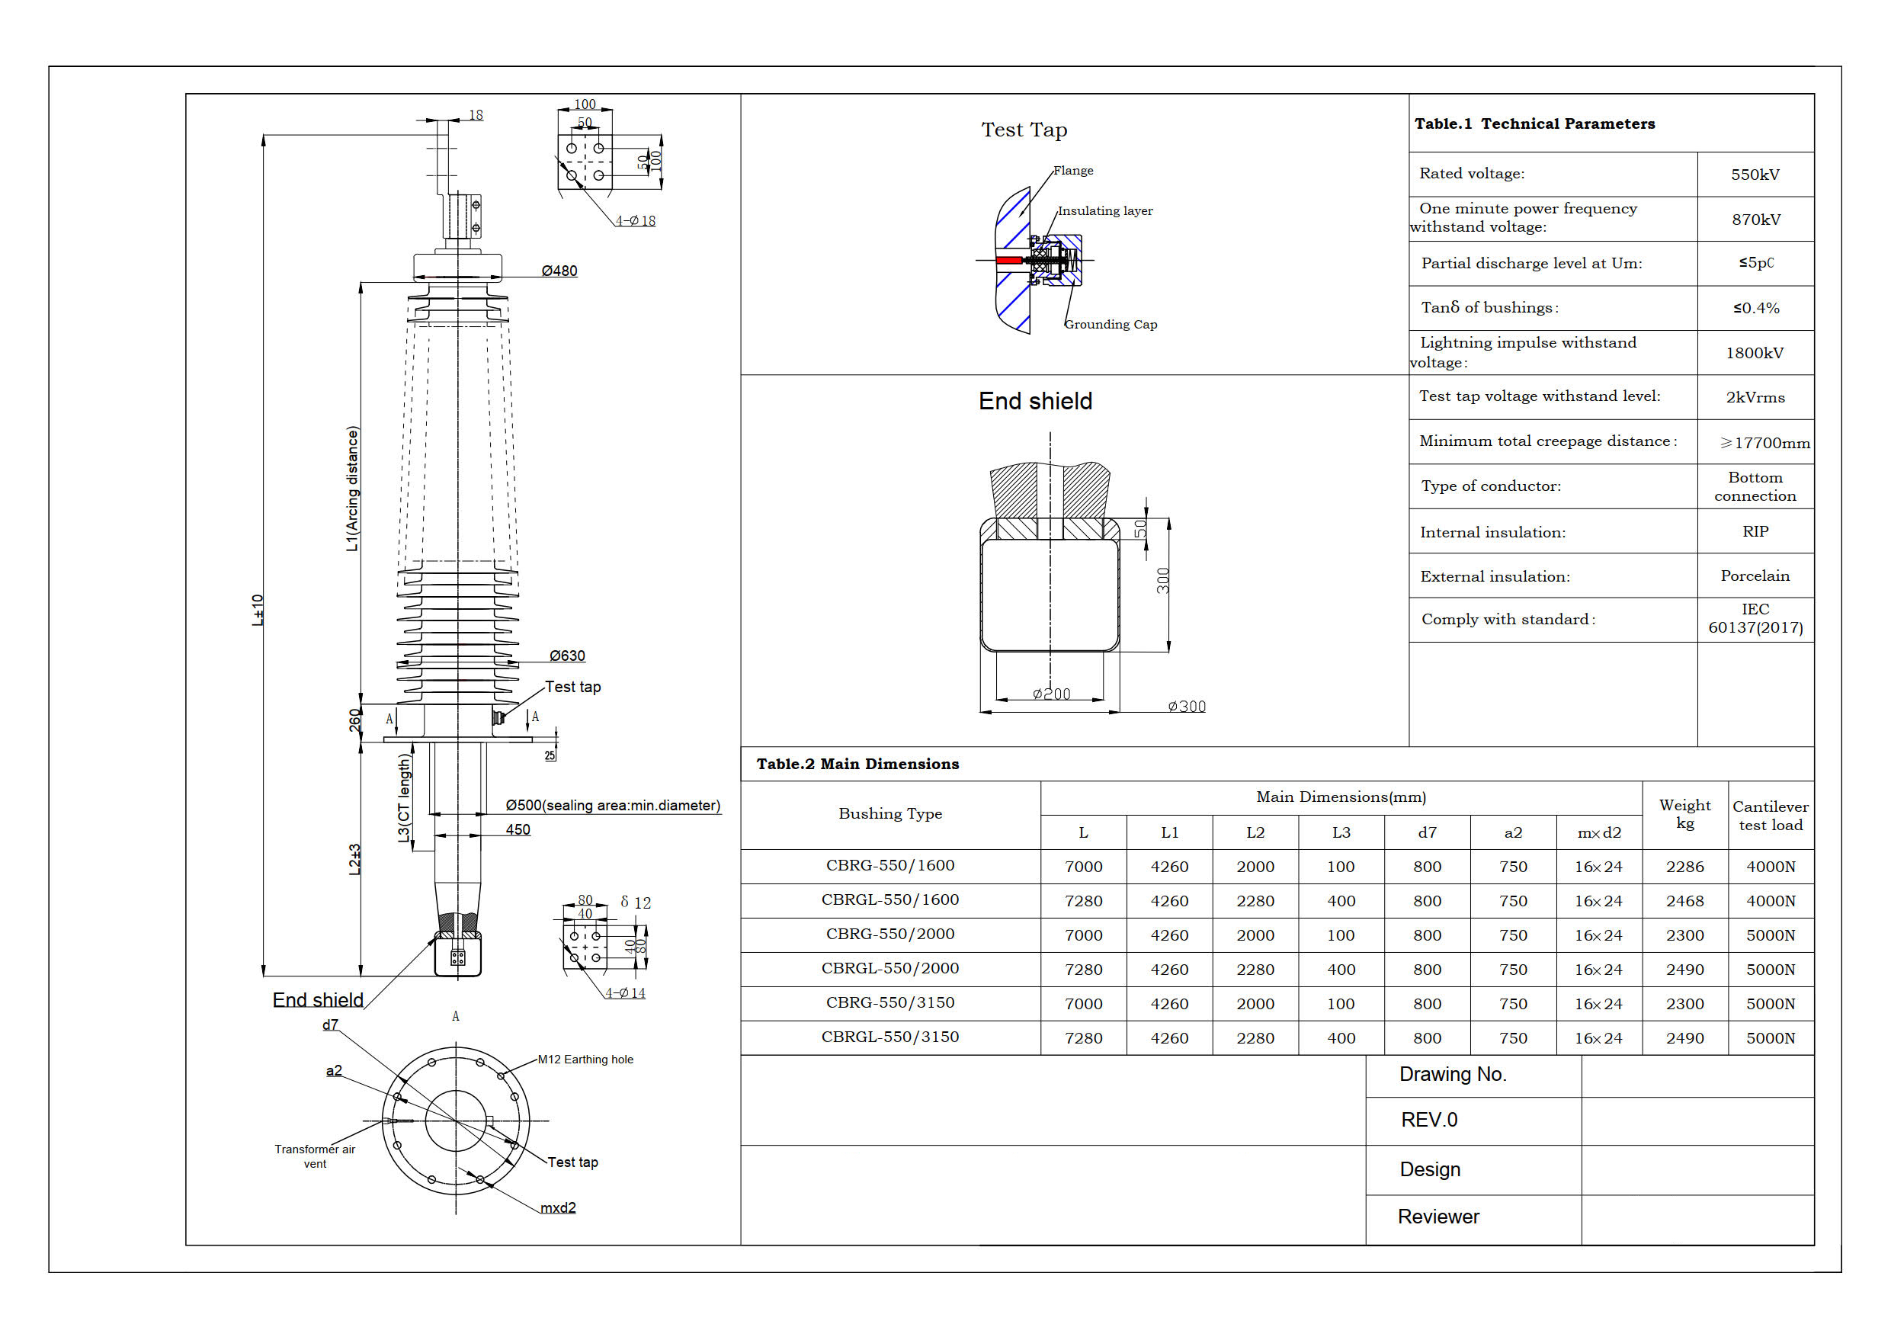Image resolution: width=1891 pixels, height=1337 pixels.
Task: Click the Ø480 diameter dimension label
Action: click(559, 271)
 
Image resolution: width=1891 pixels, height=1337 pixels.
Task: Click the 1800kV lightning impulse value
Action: click(1755, 354)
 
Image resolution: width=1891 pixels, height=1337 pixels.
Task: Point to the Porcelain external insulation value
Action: click(1755, 576)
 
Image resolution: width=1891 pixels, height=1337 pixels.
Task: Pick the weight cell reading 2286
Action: click(1684, 867)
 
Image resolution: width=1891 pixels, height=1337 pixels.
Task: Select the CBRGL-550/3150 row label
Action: click(889, 1037)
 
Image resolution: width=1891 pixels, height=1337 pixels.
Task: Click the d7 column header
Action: click(1427, 833)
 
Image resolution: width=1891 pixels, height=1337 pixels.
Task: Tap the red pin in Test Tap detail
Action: click(1008, 261)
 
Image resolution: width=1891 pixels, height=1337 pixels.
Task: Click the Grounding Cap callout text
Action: click(1111, 325)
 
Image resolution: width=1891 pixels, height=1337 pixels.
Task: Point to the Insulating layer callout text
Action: click(1104, 211)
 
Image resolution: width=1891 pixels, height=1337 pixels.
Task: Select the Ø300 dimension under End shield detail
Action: click(1186, 706)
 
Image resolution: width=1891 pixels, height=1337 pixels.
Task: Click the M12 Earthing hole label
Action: click(585, 1060)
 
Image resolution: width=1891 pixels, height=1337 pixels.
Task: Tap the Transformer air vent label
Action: click(315, 1156)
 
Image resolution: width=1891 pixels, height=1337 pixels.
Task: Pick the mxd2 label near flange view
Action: click(558, 1207)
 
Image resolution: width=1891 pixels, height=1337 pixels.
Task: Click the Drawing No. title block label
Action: click(1452, 1074)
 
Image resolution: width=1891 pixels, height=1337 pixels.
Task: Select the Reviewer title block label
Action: click(1438, 1217)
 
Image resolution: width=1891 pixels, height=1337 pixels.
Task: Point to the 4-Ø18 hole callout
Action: click(635, 221)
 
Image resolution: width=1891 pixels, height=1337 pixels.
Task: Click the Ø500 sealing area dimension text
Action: click(612, 806)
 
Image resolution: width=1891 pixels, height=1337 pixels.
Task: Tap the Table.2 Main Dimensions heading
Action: click(857, 765)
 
